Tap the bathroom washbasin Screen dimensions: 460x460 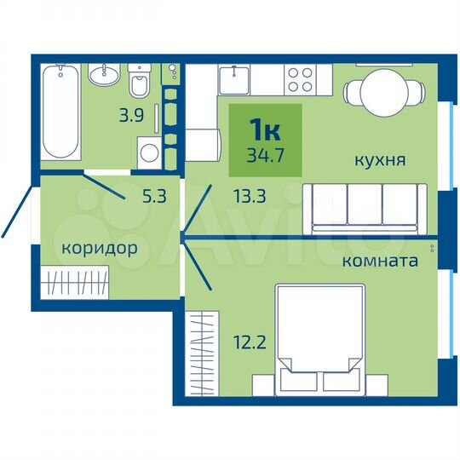[108, 72]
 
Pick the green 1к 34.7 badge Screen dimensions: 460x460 [265, 138]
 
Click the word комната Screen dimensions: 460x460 [379, 262]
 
